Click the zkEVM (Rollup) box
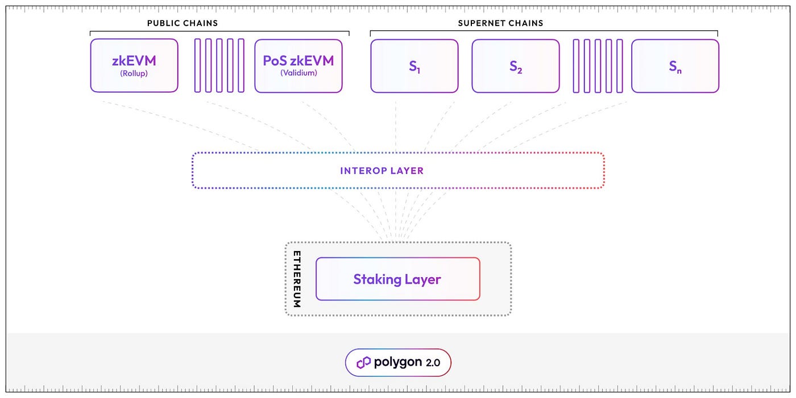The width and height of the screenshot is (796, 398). pyautogui.click(x=134, y=65)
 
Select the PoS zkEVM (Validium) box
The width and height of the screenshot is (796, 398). pyautogui.click(x=298, y=65)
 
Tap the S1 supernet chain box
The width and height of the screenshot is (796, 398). pyautogui.click(x=414, y=65)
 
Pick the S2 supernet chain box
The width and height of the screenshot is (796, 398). pyautogui.click(x=516, y=65)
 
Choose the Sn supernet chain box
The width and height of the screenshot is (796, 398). pyautogui.click(x=675, y=65)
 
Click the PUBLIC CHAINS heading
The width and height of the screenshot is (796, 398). pyautogui.click(x=183, y=23)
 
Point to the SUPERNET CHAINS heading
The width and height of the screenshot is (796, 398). pyautogui.click(x=500, y=23)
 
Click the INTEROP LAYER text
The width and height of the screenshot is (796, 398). pyautogui.click(x=382, y=171)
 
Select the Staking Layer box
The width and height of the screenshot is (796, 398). pyautogui.click(x=397, y=279)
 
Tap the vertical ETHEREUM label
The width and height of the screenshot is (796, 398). pyautogui.click(x=297, y=279)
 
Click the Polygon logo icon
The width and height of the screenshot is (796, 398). pyautogui.click(x=363, y=362)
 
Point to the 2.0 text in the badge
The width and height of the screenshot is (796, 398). pyautogui.click(x=433, y=363)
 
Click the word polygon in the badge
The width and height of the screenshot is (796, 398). pyautogui.click(x=398, y=363)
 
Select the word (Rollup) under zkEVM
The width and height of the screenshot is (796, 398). pyautogui.click(x=134, y=73)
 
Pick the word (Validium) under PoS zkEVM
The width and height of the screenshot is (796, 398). pyautogui.click(x=298, y=73)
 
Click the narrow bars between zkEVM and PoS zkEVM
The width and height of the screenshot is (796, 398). pyautogui.click(x=219, y=65)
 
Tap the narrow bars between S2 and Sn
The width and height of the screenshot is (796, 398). pyautogui.click(x=598, y=65)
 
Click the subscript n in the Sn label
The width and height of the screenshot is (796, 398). pyautogui.click(x=679, y=71)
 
